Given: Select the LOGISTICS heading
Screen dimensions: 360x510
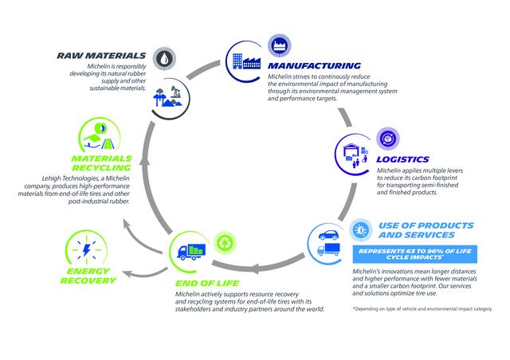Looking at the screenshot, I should point(402,159).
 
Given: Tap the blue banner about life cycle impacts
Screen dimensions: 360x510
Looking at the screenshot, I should point(407,254).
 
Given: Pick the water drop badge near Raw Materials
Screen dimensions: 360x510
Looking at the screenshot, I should point(162,59).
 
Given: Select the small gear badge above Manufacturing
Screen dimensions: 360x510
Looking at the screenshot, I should point(278,42).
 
